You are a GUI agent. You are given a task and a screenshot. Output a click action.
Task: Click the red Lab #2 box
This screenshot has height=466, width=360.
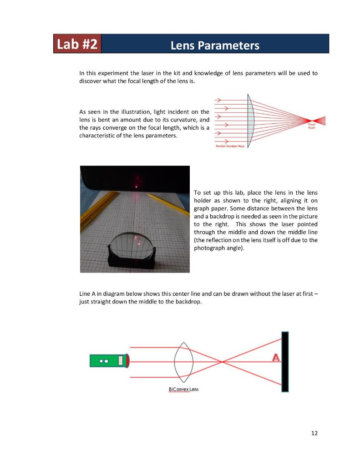(77, 44)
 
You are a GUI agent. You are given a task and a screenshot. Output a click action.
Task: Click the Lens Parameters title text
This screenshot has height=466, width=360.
(215, 46)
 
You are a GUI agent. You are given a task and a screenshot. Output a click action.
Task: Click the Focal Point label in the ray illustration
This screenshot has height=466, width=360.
(312, 126)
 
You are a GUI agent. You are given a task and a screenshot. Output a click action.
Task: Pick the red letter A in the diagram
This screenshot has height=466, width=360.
(275, 358)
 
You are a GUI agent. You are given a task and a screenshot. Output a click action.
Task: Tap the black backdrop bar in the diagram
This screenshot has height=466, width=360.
(285, 362)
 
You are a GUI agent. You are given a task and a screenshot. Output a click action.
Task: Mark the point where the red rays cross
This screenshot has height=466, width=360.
(222, 362)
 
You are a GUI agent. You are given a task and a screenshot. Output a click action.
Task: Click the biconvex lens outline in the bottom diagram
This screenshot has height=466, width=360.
(184, 362)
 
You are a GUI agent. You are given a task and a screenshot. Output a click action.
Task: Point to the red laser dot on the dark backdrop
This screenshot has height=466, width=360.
(136, 186)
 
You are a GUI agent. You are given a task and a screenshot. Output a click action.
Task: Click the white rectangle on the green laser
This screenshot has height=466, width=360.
(121, 361)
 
